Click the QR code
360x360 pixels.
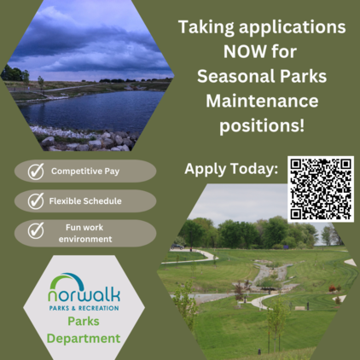click(x=320, y=189)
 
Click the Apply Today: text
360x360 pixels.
click(x=231, y=168)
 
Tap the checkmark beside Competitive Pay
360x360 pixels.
click(x=36, y=171)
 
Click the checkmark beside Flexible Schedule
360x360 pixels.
click(x=36, y=201)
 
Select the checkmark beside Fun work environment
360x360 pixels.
click(x=36, y=232)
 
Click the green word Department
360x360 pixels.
click(x=83, y=339)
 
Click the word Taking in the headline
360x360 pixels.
click(x=210, y=26)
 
